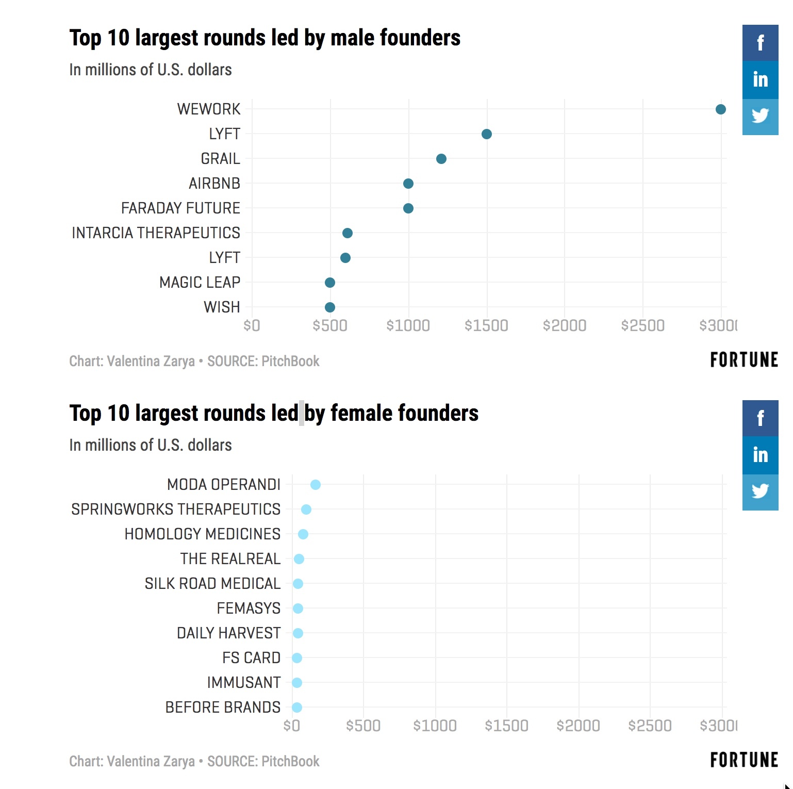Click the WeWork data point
(x=720, y=109)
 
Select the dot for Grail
(x=441, y=159)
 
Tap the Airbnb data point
(x=408, y=184)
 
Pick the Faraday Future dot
(x=408, y=208)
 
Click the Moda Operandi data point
(x=316, y=485)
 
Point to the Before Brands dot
(x=297, y=708)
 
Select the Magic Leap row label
(x=200, y=283)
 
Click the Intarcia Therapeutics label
(x=156, y=233)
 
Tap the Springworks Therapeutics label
(x=176, y=509)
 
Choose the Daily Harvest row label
(x=228, y=633)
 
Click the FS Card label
(x=251, y=658)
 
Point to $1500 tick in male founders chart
(x=486, y=326)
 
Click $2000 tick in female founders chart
(x=578, y=726)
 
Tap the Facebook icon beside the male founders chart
(x=760, y=43)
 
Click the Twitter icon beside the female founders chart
(x=760, y=492)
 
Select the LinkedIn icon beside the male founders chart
(x=760, y=80)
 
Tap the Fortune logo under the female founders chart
(x=744, y=760)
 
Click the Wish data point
(x=330, y=307)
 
